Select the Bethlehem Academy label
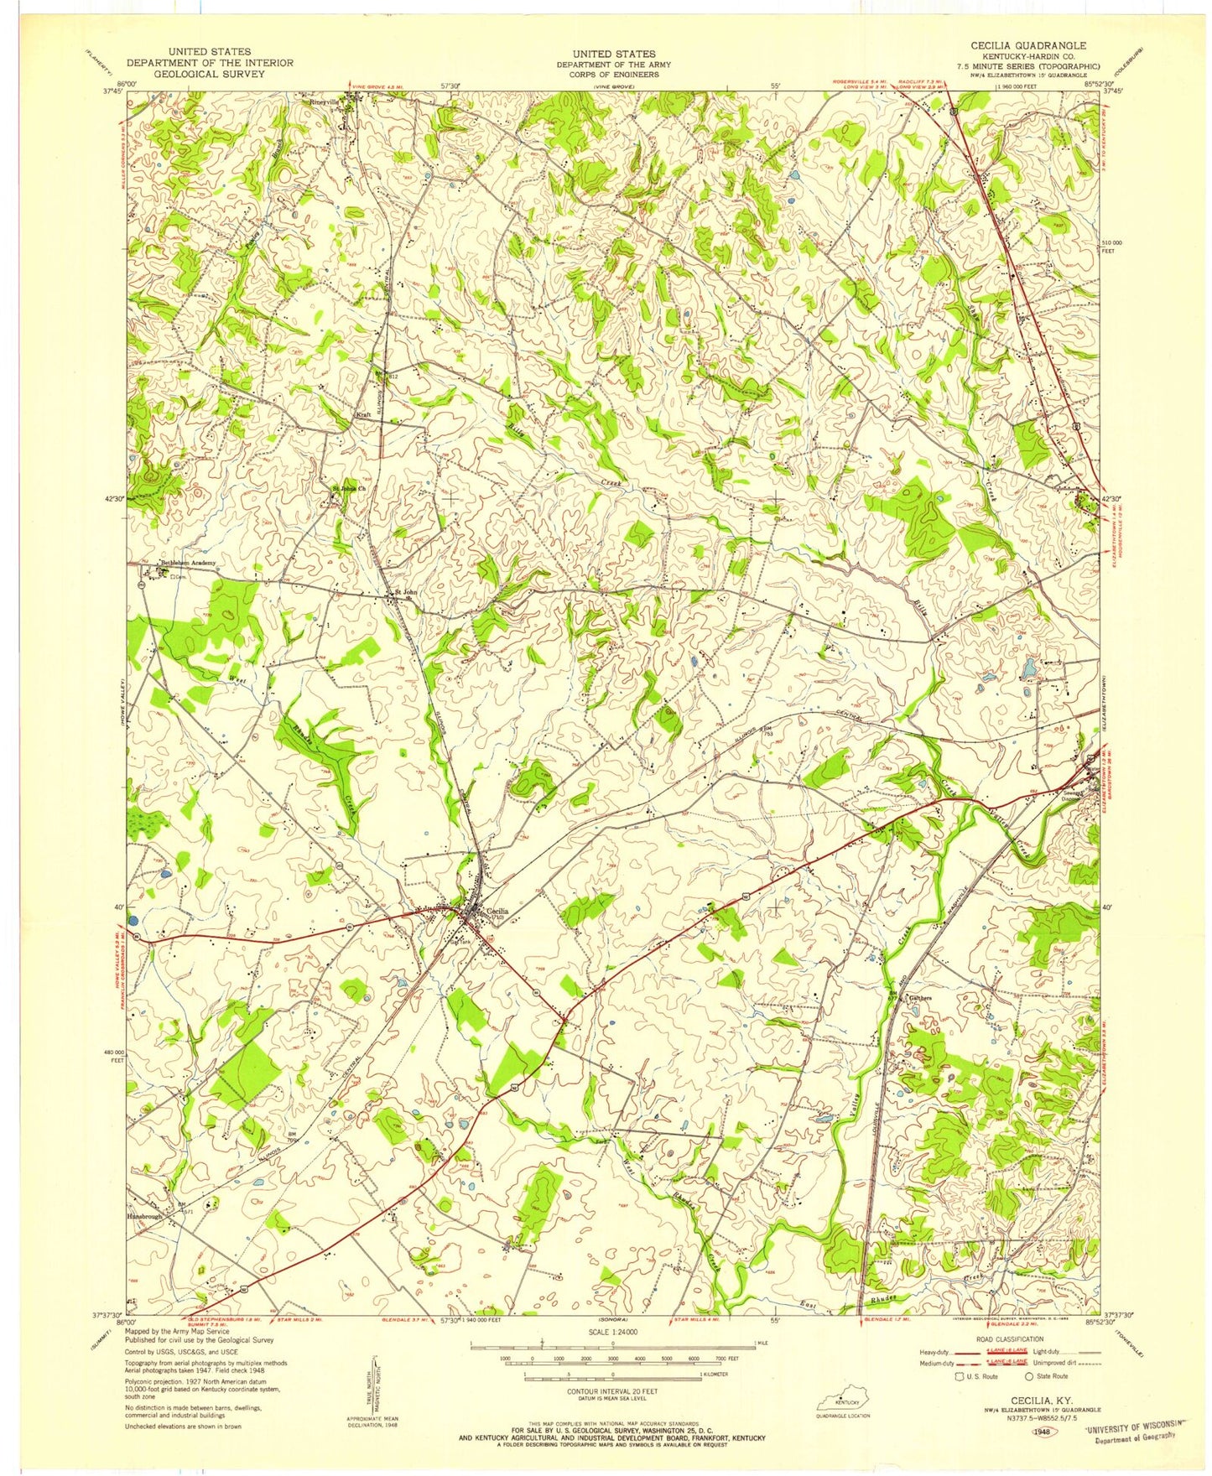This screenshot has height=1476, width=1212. (188, 563)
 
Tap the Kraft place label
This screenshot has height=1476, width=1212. (363, 415)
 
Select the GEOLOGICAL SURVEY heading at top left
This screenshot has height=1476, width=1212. (210, 74)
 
